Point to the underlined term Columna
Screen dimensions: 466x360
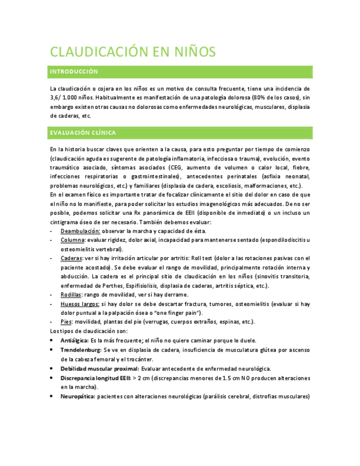73,240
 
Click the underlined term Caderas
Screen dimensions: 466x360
72,258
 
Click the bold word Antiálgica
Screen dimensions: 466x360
75,340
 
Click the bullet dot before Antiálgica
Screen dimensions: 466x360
52,341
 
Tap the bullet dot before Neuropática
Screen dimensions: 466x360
52,396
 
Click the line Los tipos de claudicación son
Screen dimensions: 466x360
88,331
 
